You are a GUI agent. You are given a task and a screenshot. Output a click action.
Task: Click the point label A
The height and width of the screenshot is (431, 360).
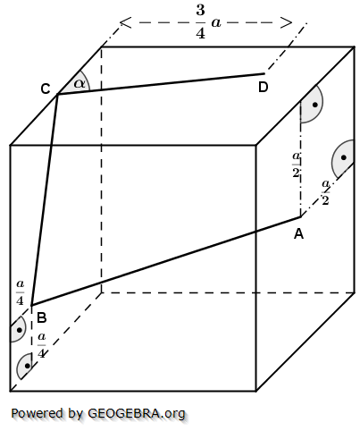[298, 233]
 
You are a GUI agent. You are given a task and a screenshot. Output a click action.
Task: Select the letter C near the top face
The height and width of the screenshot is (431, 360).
[45, 89]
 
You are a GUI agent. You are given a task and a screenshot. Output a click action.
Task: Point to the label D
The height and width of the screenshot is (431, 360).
[263, 87]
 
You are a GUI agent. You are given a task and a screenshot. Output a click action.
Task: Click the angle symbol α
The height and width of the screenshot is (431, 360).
[80, 83]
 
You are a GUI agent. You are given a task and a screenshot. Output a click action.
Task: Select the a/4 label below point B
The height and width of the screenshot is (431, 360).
[41, 345]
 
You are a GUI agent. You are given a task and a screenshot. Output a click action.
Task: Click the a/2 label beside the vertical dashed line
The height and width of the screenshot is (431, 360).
[296, 165]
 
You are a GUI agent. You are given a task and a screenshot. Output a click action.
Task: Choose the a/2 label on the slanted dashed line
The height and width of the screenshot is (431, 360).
[326, 193]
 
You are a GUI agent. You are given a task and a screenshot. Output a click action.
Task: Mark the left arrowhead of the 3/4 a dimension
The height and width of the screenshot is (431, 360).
[122, 21]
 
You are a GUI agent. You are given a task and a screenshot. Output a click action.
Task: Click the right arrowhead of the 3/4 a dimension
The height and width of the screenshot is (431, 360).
[290, 21]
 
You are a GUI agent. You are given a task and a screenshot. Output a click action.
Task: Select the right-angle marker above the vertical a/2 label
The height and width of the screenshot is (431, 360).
[312, 106]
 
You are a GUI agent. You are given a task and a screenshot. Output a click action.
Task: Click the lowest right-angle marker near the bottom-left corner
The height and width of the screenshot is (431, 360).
[27, 366]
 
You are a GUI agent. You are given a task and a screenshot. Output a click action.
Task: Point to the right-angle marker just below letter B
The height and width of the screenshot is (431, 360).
[17, 330]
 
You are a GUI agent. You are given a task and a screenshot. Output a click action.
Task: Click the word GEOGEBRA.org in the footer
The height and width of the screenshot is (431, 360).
[137, 413]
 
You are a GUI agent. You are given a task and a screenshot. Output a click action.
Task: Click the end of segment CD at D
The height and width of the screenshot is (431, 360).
[264, 74]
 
